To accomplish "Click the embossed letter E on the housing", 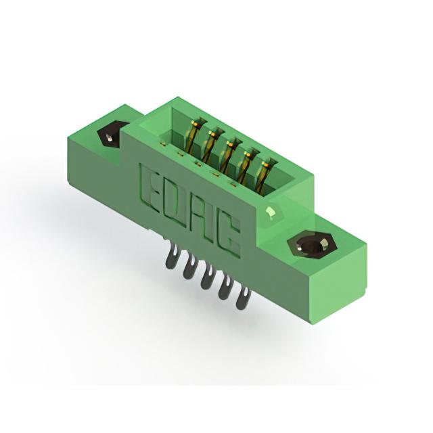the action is [150, 188].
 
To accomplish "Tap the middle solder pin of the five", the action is [207, 277].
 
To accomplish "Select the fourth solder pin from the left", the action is [225, 288].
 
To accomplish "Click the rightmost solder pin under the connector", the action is [242, 298].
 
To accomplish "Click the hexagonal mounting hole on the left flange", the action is [110, 134].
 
